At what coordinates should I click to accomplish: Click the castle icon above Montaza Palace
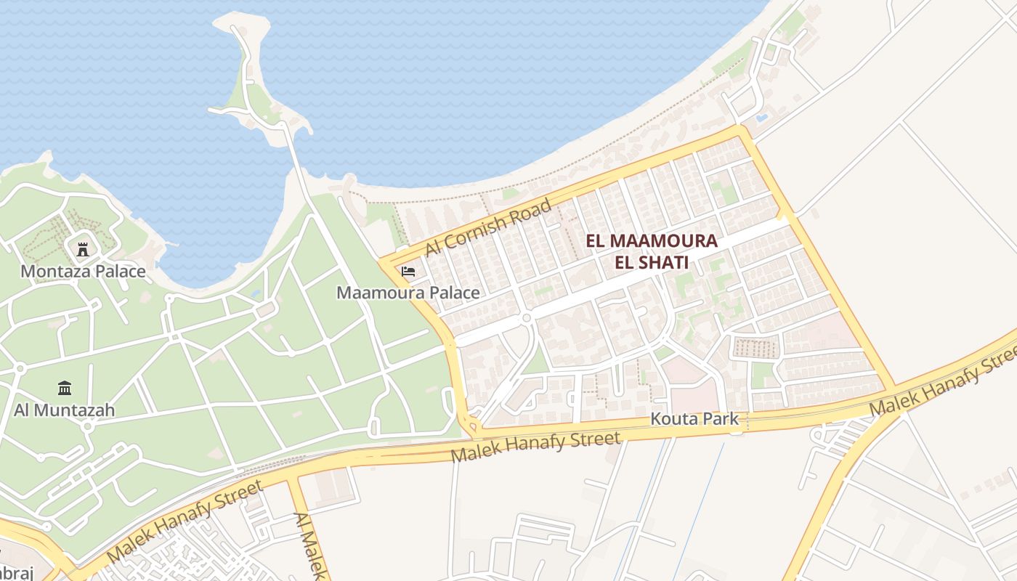[x=83, y=249]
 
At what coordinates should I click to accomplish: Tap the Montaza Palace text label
[x=83, y=272]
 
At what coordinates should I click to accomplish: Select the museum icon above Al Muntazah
[x=65, y=389]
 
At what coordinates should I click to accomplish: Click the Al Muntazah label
[x=64, y=410]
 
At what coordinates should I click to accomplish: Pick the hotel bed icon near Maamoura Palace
[x=408, y=272]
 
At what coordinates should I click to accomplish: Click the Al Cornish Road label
[x=488, y=228]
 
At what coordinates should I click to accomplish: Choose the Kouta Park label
[x=694, y=419]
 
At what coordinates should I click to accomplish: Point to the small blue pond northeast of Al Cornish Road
[x=761, y=117]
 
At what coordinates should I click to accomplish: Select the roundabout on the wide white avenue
[x=527, y=318]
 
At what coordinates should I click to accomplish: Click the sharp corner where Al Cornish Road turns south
[x=741, y=131]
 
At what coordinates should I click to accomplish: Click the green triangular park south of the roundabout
[x=536, y=359]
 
